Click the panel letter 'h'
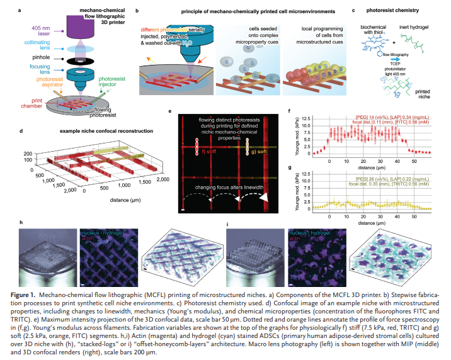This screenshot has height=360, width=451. [22, 224]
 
